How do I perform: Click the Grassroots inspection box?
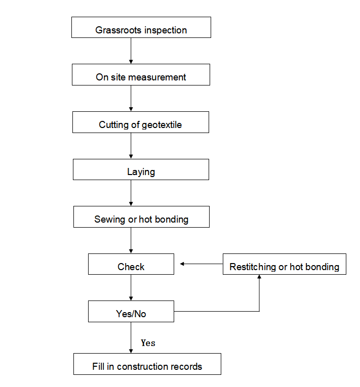[141, 27]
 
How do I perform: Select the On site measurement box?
[141, 75]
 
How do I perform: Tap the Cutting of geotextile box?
[141, 122]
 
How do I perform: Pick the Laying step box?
[141, 169]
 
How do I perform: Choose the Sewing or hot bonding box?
[141, 217]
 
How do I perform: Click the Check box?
[131, 264]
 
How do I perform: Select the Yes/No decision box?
[131, 311]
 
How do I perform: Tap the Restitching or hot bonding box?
[285, 264]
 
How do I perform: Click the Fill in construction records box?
[147, 364]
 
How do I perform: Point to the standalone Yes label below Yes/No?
[148, 343]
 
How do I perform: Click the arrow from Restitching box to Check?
[202, 264]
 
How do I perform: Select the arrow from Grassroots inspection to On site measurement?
[131, 51]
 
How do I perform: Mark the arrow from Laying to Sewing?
[131, 193]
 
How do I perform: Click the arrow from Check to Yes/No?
[131, 287]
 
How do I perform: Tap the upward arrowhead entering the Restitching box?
[259, 277]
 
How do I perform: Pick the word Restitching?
[253, 267]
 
